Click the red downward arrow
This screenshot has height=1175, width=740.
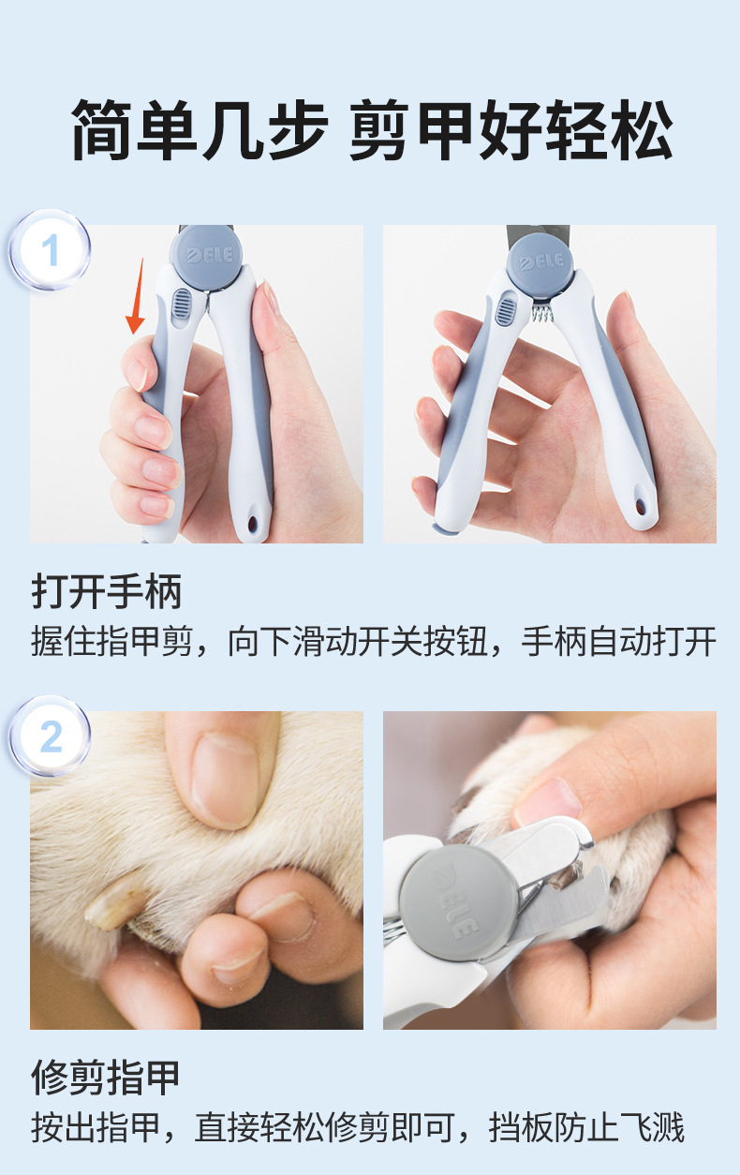[137, 296]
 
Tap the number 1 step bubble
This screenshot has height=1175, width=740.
[50, 249]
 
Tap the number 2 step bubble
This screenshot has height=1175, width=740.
[50, 736]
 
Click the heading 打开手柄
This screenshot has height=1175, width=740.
[107, 591]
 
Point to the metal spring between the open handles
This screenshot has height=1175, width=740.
[542, 314]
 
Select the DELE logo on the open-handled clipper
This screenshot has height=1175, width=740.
[541, 261]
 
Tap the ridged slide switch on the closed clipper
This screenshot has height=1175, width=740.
[182, 304]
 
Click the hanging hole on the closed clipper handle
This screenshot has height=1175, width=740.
[254, 523]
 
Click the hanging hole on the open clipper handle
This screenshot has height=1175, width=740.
[640, 506]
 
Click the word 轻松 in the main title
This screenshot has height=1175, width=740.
[609, 129]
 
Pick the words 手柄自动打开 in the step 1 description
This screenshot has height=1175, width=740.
[619, 641]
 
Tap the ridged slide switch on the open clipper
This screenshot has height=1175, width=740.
[506, 309]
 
